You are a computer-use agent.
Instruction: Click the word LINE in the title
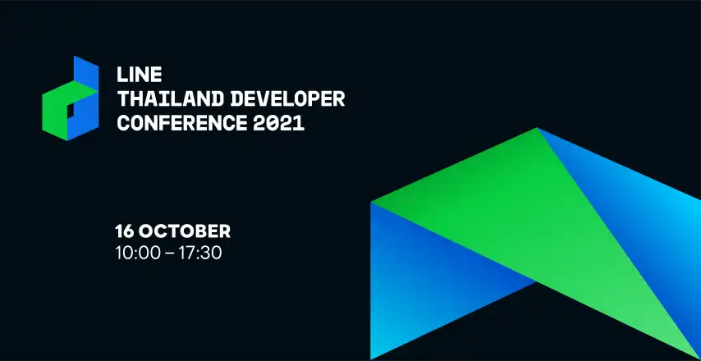(139, 75)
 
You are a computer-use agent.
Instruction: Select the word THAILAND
(171, 98)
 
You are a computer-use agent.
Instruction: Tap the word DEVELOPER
(287, 98)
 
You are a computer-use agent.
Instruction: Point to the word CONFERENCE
(181, 123)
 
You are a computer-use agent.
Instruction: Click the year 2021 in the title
(279, 123)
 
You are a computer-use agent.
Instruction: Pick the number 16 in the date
(125, 231)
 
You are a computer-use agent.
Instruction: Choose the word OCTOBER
(185, 231)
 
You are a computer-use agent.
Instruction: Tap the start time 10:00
(138, 253)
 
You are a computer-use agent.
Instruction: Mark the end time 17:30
(200, 253)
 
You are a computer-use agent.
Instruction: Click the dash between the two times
(169, 254)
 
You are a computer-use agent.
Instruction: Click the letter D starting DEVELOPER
(237, 98)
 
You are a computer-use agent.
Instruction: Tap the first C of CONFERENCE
(123, 123)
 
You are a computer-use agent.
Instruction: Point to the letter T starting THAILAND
(123, 98)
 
